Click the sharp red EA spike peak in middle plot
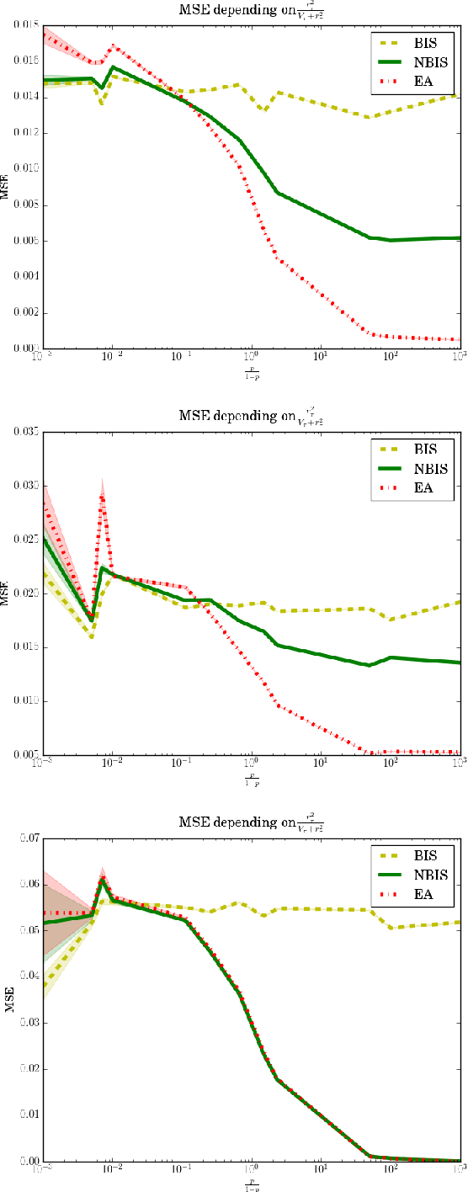click(x=101, y=497)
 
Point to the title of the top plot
click(x=253, y=10)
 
